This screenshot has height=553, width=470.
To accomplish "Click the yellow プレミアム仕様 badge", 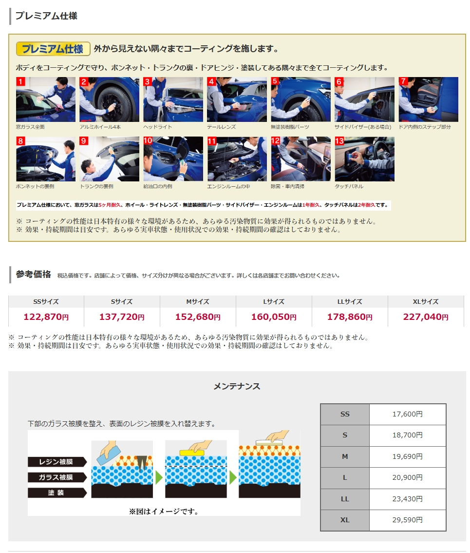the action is [x=53, y=49].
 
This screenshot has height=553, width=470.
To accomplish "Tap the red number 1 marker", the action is [x=20, y=82].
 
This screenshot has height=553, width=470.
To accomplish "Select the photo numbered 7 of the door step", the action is [x=429, y=99].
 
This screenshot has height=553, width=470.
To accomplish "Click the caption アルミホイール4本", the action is [x=100, y=127].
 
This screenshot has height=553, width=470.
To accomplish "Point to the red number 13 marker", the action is [x=339, y=141].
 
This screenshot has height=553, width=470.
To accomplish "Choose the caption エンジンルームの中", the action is [x=228, y=186].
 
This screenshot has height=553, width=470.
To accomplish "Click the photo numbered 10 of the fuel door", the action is [x=173, y=159].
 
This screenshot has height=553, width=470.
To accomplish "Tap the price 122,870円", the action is [x=46, y=317].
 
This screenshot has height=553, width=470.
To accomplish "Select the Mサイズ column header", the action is [x=198, y=302].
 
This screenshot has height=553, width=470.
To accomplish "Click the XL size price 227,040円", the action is [x=426, y=317].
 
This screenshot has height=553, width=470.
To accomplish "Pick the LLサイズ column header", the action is [x=350, y=302].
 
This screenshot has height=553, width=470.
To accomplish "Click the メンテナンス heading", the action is [x=237, y=387].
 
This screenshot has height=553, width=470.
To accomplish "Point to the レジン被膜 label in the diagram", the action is [x=57, y=462].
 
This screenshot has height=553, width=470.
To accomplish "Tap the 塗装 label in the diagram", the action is [x=57, y=493].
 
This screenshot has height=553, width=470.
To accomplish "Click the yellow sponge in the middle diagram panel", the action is [x=192, y=453].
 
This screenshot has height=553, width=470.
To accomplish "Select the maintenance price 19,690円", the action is [x=408, y=457].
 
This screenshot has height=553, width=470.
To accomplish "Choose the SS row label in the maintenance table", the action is [x=345, y=415].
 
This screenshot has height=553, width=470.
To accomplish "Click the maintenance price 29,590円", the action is [x=408, y=520].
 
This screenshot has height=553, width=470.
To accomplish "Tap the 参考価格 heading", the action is [x=34, y=275].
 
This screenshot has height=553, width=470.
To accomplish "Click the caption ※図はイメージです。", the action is [x=164, y=512].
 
